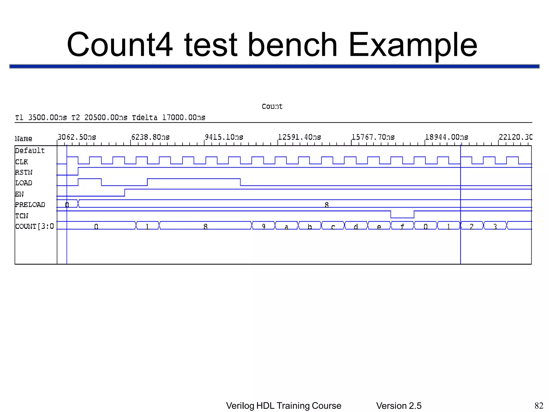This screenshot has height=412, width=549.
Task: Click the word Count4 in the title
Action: [120, 45]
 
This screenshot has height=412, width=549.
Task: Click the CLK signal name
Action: [21, 162]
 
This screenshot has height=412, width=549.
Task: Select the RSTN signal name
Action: [24, 172]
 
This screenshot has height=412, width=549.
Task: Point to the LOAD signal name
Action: [24, 183]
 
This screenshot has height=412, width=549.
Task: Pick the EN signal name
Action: [19, 194]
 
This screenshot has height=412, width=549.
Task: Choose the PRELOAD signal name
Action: [30, 205]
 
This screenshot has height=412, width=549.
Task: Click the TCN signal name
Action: [21, 216]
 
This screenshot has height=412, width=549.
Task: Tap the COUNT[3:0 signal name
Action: [35, 227]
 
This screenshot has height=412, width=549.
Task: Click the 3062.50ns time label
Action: [77, 137]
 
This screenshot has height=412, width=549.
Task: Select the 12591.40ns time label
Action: [299, 137]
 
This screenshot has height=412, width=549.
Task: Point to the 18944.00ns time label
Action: [446, 137]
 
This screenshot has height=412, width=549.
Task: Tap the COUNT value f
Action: [402, 227]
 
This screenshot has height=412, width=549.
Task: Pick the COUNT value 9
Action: [264, 227]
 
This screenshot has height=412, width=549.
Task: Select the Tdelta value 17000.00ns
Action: [184, 118]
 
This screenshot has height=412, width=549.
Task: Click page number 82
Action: [539, 406]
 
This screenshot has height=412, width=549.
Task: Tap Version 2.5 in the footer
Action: [399, 406]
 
